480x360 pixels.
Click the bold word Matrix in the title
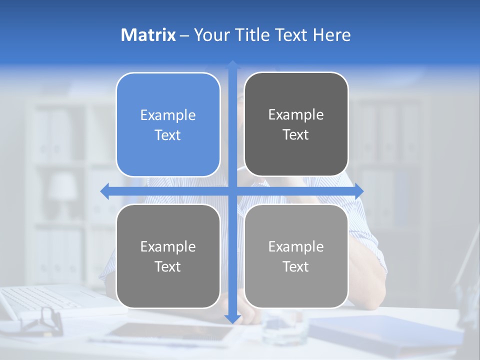[148, 35]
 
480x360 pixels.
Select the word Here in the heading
[331, 35]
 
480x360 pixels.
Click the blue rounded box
[168, 124]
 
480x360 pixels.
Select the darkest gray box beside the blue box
[296, 124]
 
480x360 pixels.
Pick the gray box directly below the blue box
[168, 256]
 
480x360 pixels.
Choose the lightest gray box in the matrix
[296, 256]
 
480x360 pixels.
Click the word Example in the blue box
[168, 115]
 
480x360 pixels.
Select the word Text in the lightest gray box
[296, 266]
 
